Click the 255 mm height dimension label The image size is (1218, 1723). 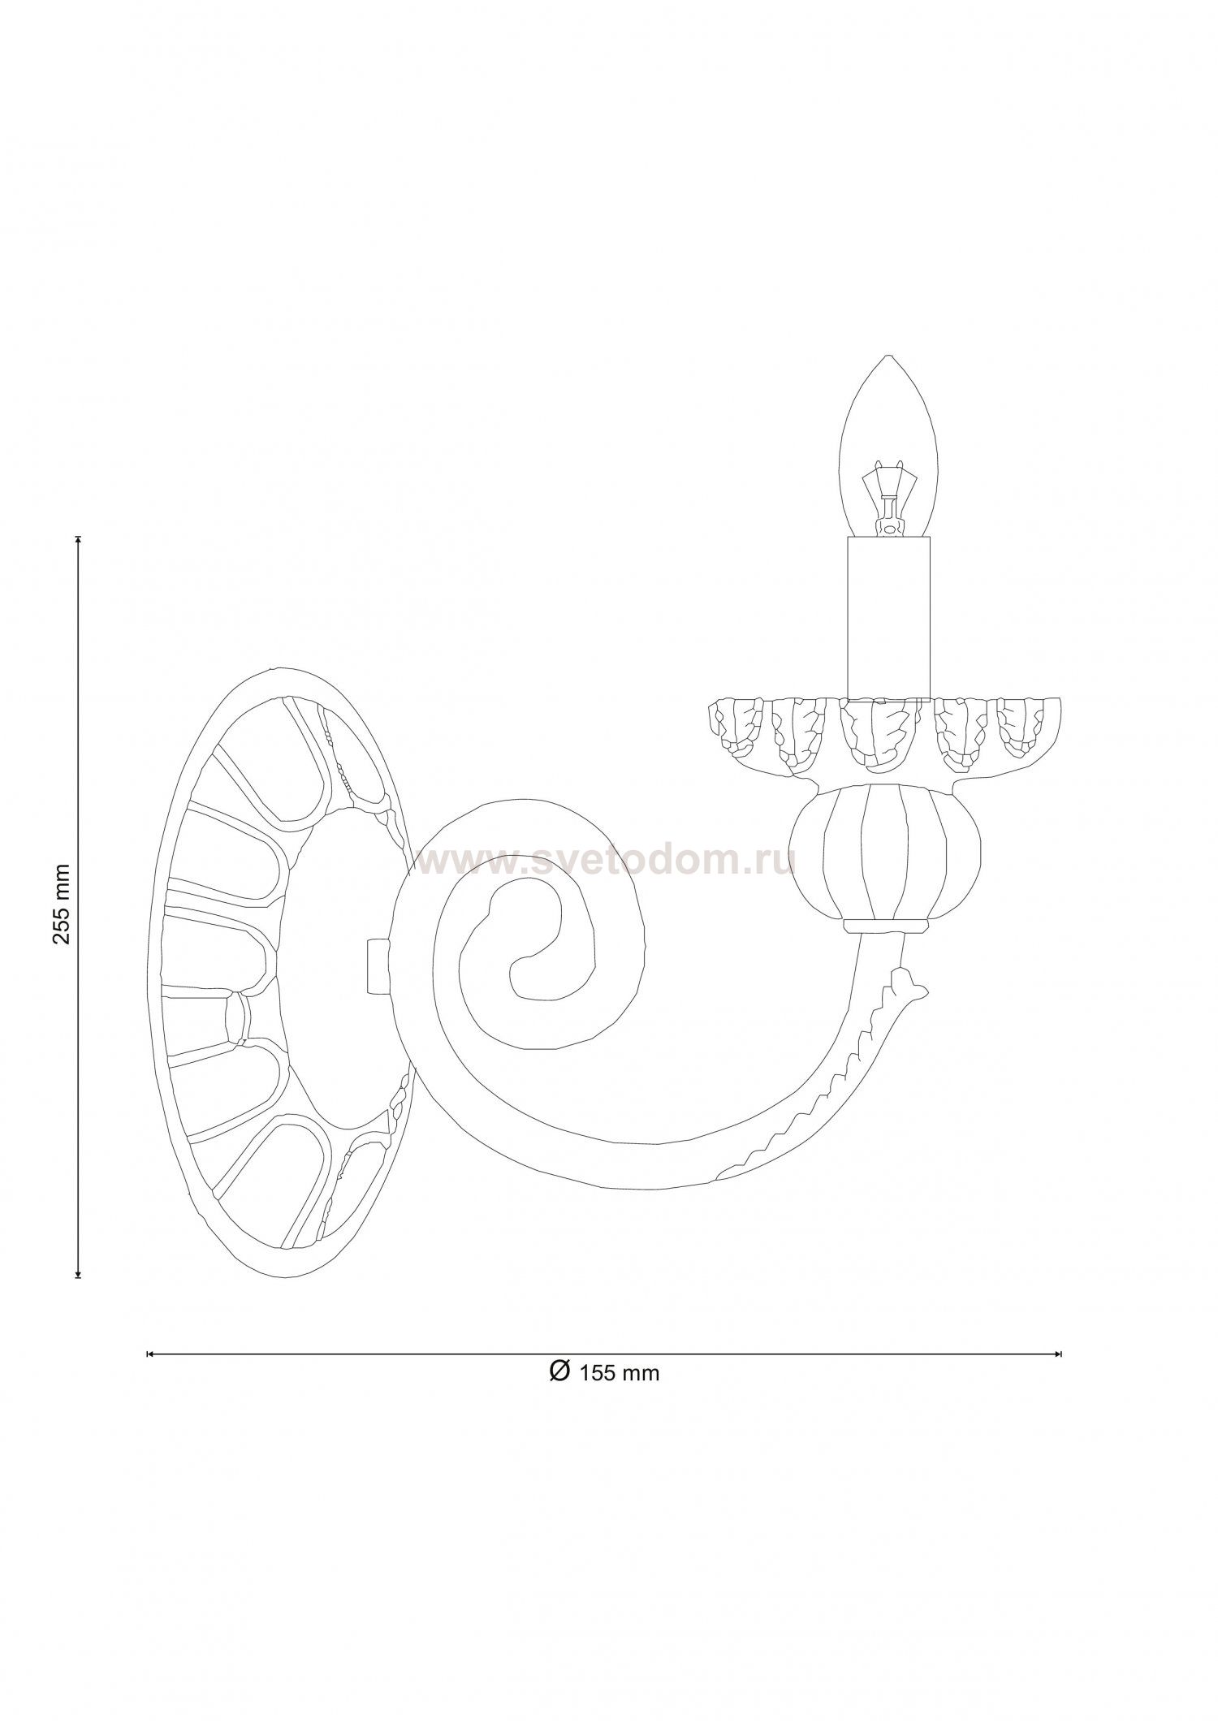pyautogui.click(x=63, y=904)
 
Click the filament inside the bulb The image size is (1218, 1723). pyautogui.click(x=888, y=501)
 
